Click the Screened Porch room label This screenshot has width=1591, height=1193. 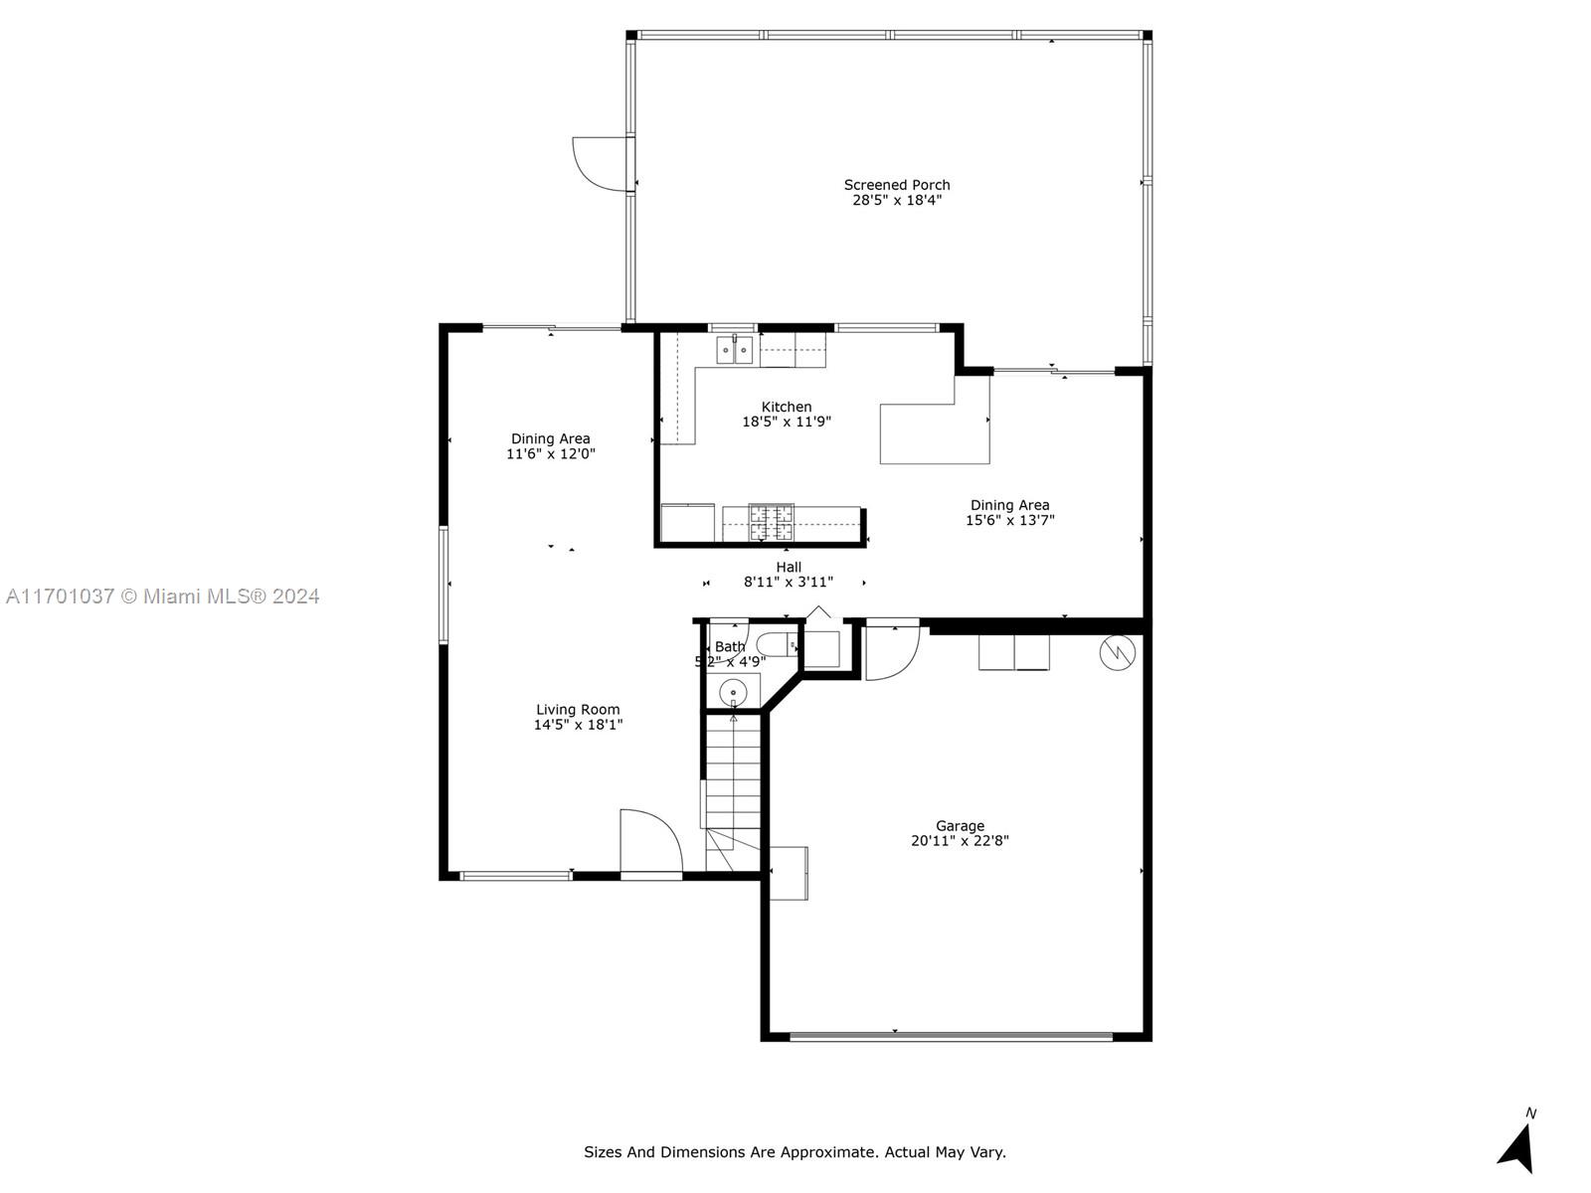[x=897, y=186]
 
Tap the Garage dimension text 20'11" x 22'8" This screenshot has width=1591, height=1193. [x=960, y=841]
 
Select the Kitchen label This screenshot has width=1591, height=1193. [x=787, y=407]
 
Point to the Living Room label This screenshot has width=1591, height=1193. [x=578, y=710]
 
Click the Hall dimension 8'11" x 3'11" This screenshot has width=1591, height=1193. [x=789, y=582]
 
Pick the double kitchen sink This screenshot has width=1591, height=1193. [x=735, y=351]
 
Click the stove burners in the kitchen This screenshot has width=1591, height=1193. [x=772, y=522]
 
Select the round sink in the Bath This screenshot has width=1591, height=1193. [x=733, y=693]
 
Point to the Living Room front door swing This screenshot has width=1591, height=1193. [x=651, y=841]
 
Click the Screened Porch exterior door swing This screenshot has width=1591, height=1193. [x=603, y=164]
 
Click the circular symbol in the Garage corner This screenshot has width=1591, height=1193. [x=1117, y=652]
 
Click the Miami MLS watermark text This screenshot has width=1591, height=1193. [x=162, y=596]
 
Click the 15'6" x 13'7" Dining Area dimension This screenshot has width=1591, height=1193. [x=1009, y=520]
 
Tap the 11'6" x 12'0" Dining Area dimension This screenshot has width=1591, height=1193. [x=551, y=454]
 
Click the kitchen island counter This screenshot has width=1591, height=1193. [x=935, y=434]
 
